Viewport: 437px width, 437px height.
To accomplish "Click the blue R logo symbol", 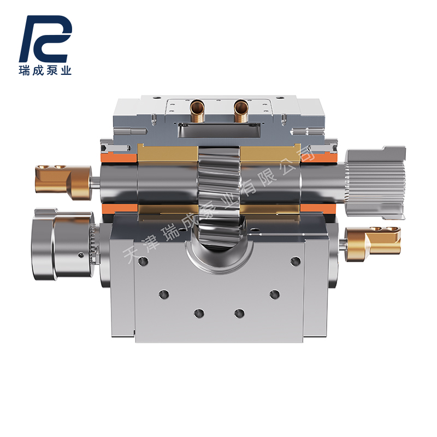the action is [x=46, y=39].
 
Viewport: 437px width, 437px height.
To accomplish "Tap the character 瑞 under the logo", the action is [x=25, y=70].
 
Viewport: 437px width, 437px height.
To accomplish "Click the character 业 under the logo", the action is [x=66, y=70].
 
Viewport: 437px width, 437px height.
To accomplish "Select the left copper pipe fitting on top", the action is [x=197, y=111].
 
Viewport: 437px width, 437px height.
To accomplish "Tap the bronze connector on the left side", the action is [x=63, y=182].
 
